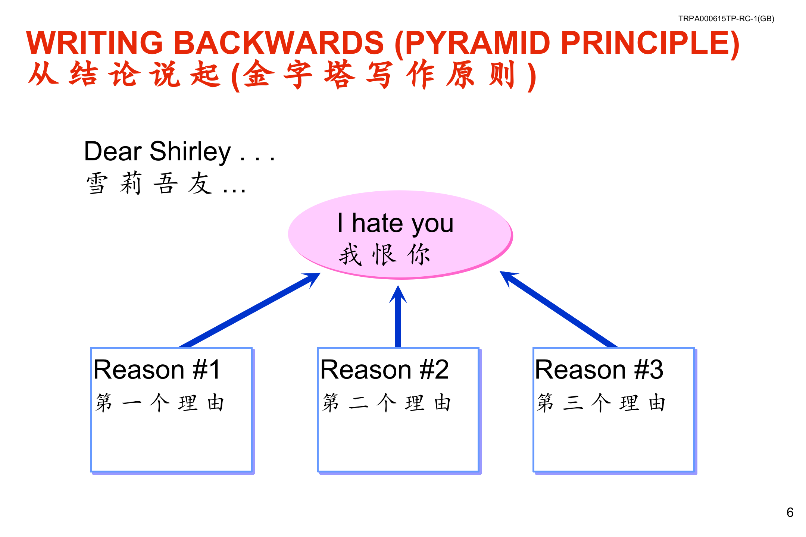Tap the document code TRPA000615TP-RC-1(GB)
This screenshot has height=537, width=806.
726,19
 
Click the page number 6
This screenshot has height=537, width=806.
790,512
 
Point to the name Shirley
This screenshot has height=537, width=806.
190,151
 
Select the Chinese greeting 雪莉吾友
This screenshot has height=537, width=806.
149,183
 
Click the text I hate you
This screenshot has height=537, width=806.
396,223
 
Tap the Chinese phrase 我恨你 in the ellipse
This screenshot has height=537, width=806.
384,255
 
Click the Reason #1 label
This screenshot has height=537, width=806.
157,370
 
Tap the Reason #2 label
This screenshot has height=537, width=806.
384,370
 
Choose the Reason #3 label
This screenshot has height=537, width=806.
599,370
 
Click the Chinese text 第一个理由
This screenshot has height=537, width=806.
160,403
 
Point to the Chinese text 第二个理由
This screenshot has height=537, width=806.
387,403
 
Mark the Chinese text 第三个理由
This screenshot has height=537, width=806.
601,403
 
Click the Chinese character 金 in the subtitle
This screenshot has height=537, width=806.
257,75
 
